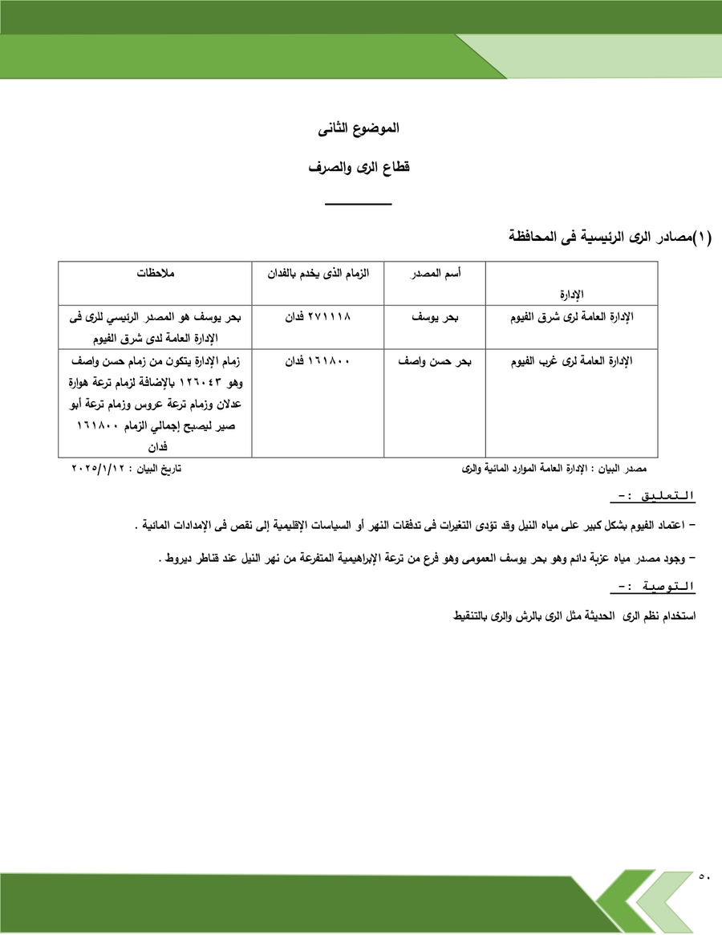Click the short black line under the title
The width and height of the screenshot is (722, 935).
359,205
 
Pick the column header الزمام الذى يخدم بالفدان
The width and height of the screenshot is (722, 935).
318,274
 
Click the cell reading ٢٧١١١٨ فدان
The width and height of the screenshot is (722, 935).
318,317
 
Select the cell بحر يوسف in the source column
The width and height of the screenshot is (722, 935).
435,317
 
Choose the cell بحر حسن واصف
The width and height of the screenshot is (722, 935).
435,361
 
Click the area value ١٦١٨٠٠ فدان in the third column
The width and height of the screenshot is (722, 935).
318,361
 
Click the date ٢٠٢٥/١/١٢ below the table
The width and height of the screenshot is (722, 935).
100,467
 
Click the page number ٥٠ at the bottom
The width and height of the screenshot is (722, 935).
704,876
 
